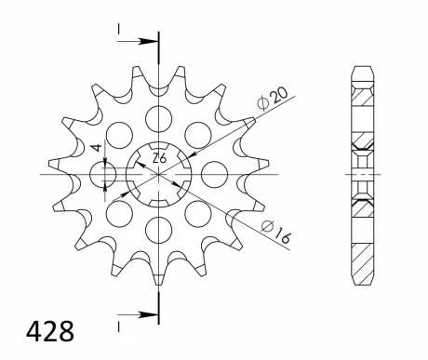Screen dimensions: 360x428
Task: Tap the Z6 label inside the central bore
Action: tap(159, 159)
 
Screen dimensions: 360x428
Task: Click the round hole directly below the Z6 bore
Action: tap(159, 228)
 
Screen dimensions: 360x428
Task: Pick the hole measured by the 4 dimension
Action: tap(104, 174)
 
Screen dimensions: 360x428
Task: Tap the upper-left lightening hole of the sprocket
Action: tap(119, 134)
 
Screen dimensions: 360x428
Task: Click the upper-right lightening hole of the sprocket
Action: tap(198, 134)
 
